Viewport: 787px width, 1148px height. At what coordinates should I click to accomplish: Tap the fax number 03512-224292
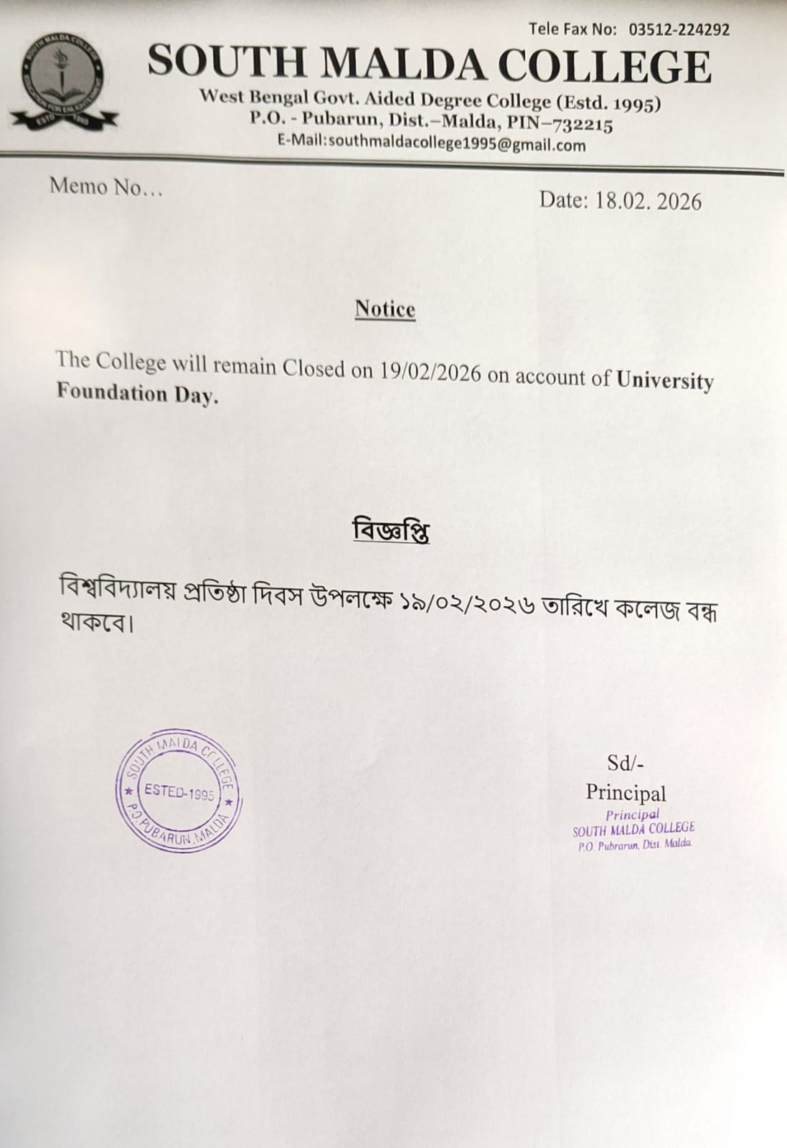tap(679, 29)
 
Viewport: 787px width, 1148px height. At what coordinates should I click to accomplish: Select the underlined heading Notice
tap(385, 309)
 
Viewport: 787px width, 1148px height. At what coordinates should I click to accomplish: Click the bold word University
tap(665, 380)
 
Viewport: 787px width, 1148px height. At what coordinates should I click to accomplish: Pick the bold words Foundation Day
tap(136, 393)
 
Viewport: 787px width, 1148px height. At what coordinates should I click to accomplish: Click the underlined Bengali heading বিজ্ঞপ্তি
tap(391, 531)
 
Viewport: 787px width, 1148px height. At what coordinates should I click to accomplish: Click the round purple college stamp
tap(179, 793)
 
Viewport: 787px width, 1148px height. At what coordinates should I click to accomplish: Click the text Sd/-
tap(626, 763)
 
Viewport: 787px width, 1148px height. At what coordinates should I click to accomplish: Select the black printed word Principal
tap(626, 793)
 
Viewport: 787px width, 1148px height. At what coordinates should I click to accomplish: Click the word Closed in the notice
tap(314, 368)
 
